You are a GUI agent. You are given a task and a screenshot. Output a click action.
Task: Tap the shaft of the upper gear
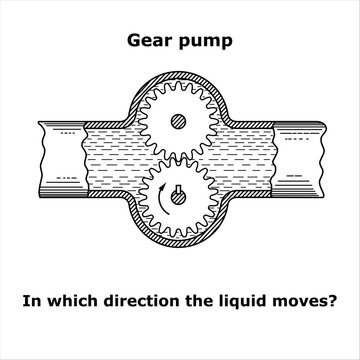coord(177,122)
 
